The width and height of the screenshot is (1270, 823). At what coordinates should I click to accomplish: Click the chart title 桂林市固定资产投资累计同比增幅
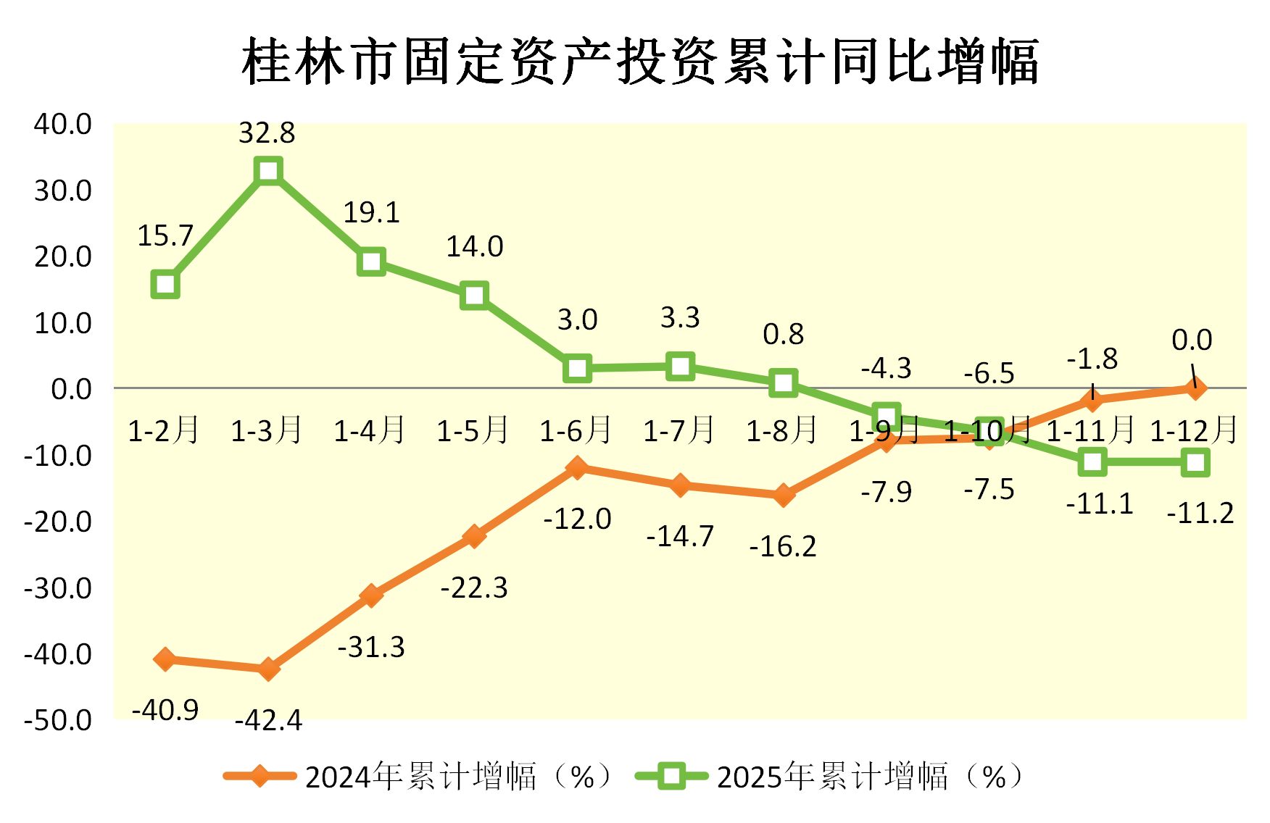pyautogui.click(x=641, y=61)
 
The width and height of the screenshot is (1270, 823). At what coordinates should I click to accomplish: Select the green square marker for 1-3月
pyautogui.click(x=268, y=172)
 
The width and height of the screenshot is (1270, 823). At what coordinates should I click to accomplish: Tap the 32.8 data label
pyautogui.click(x=267, y=133)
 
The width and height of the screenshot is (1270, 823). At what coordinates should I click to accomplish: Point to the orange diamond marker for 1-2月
pyautogui.click(x=165, y=659)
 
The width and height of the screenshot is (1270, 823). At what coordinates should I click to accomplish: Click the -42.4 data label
pyautogui.click(x=268, y=720)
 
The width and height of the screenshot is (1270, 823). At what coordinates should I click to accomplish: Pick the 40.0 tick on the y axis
pyautogui.click(x=63, y=124)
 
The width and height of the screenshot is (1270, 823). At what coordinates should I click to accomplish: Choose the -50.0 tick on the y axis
pyautogui.click(x=58, y=720)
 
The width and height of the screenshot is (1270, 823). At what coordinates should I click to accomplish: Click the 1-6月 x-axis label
pyautogui.click(x=576, y=430)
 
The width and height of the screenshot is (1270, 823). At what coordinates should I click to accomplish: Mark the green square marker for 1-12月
pyautogui.click(x=1195, y=462)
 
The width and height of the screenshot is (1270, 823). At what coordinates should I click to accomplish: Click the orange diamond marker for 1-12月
pyautogui.click(x=1195, y=388)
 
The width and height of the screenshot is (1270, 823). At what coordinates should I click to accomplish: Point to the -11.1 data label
pyautogui.click(x=1100, y=504)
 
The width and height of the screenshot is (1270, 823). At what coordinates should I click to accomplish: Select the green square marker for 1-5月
pyautogui.click(x=474, y=296)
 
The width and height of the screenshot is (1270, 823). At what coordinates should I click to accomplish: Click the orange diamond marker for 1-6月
pyautogui.click(x=577, y=467)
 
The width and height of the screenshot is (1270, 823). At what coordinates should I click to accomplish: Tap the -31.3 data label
pyautogui.click(x=371, y=647)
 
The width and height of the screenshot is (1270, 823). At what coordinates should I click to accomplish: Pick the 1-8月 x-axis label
pyautogui.click(x=782, y=430)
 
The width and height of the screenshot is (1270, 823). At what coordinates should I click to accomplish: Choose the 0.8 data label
pyautogui.click(x=783, y=334)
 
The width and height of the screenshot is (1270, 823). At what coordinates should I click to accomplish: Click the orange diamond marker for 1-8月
pyautogui.click(x=783, y=496)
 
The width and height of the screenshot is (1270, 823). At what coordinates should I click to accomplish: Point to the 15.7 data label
pyautogui.click(x=165, y=235)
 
